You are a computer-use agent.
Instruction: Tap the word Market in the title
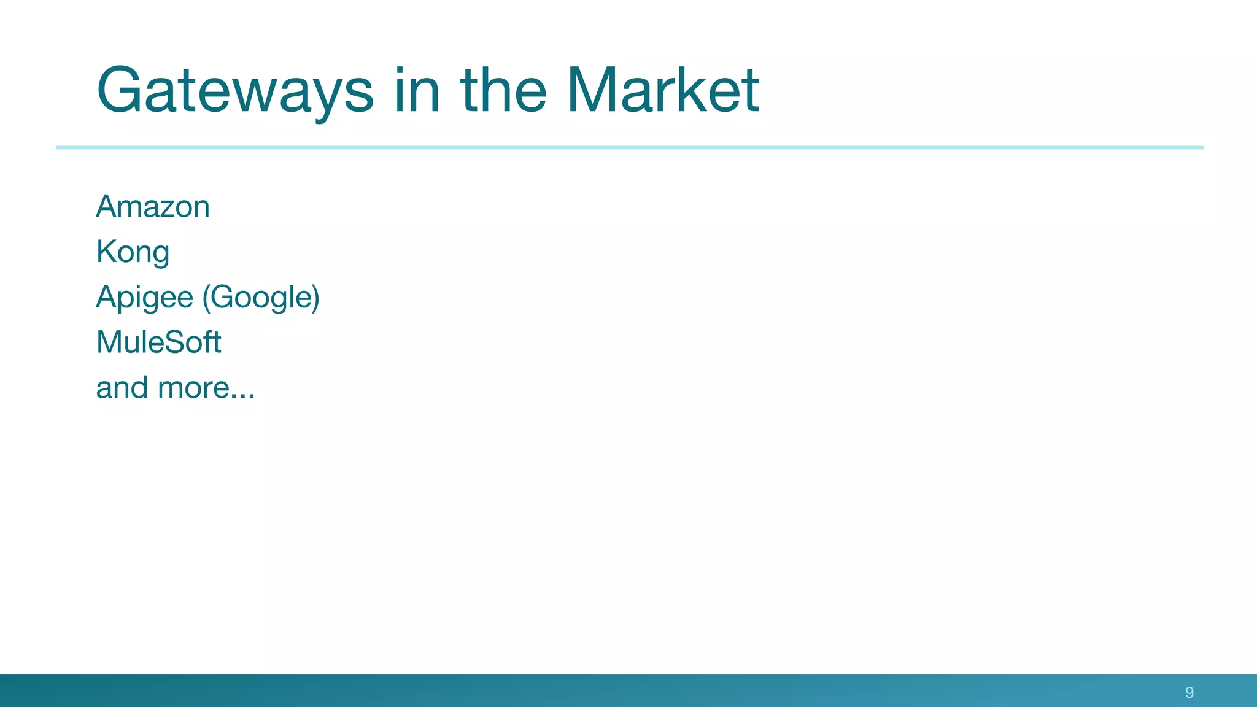point(663,91)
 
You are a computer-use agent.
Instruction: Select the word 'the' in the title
point(503,91)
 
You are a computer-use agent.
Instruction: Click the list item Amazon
point(153,206)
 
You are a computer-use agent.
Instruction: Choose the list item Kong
point(133,252)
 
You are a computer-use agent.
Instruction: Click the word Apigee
point(145,298)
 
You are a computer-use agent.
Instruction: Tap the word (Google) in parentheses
point(261,298)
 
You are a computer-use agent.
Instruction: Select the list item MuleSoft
point(158,342)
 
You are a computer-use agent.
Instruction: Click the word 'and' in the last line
point(122,387)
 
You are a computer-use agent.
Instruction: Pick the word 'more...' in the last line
point(206,387)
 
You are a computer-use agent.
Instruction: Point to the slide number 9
point(1189,692)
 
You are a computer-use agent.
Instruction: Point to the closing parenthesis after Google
point(315,298)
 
